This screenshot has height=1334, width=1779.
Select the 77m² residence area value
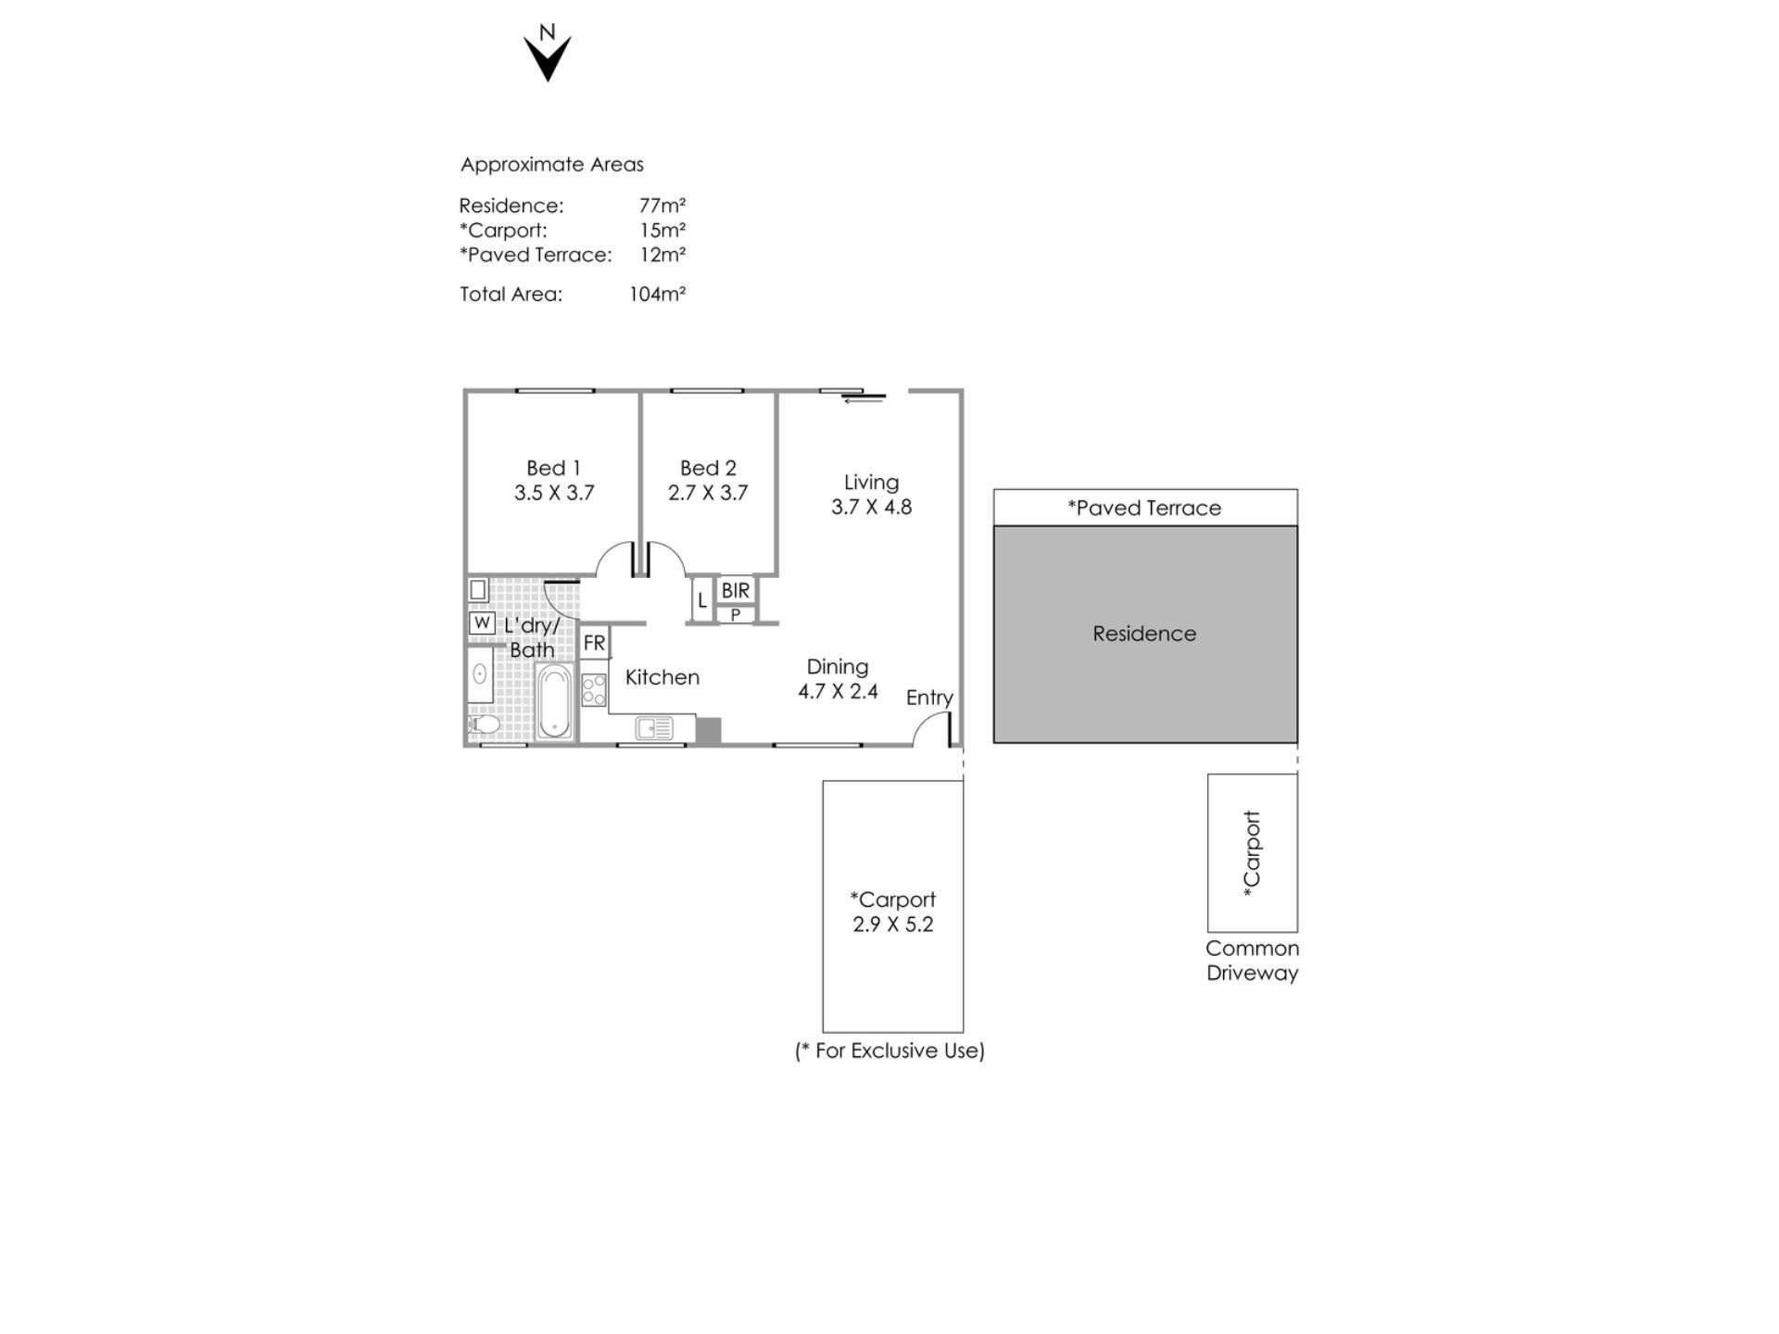pyautogui.click(x=662, y=205)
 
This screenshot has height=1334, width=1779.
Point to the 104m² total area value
pyautogui.click(x=657, y=294)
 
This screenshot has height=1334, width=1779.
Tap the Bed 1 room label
pyautogui.click(x=553, y=468)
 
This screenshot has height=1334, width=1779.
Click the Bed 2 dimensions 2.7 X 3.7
pyautogui.click(x=708, y=493)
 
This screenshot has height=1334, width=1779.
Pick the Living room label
pyautogui.click(x=871, y=482)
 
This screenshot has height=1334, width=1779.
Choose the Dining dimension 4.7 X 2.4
pyautogui.click(x=838, y=691)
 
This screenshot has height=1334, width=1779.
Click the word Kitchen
pyautogui.click(x=662, y=677)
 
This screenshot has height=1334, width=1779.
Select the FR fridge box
pyautogui.click(x=594, y=643)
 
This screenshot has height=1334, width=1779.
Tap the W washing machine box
pyautogui.click(x=482, y=623)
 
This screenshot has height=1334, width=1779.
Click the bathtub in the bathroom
pyautogui.click(x=554, y=701)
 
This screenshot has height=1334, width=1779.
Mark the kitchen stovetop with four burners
pyautogui.click(x=594, y=690)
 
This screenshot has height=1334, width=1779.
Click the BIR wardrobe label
pyautogui.click(x=736, y=590)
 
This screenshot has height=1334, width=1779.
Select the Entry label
pyautogui.click(x=929, y=698)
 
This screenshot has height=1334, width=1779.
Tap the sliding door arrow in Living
pyautogui.click(x=864, y=400)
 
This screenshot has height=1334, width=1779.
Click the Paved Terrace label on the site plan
pyautogui.click(x=1144, y=508)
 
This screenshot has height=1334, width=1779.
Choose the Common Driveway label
pyautogui.click(x=1253, y=961)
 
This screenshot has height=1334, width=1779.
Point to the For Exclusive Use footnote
pyautogui.click(x=889, y=1051)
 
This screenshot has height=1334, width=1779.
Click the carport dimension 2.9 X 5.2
pyautogui.click(x=893, y=925)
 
